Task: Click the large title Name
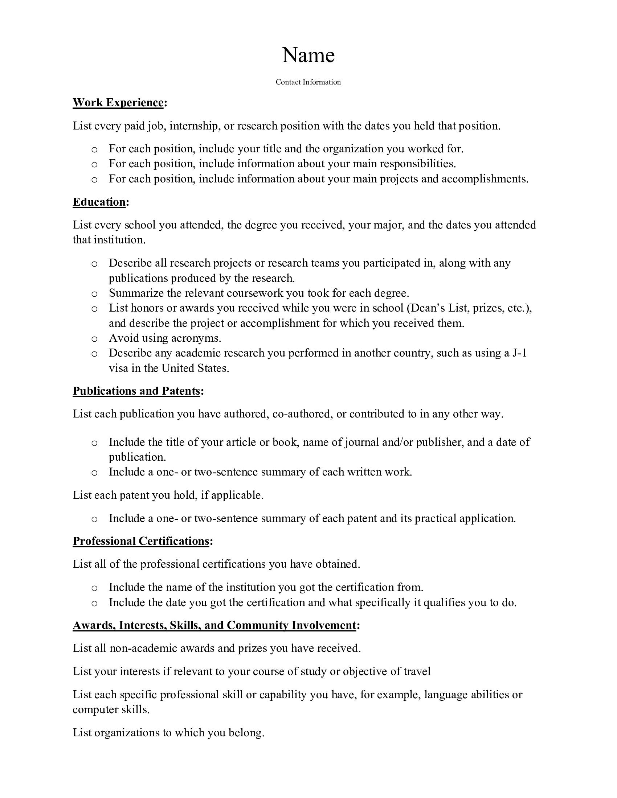(x=308, y=55)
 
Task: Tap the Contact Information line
(x=308, y=82)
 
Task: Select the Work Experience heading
(x=118, y=103)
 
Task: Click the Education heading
(x=99, y=202)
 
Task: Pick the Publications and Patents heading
(x=136, y=391)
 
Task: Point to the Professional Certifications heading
(x=141, y=541)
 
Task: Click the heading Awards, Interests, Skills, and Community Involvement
(x=214, y=625)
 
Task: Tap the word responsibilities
(x=418, y=164)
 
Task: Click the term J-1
(x=520, y=353)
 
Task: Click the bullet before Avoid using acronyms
(x=94, y=339)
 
